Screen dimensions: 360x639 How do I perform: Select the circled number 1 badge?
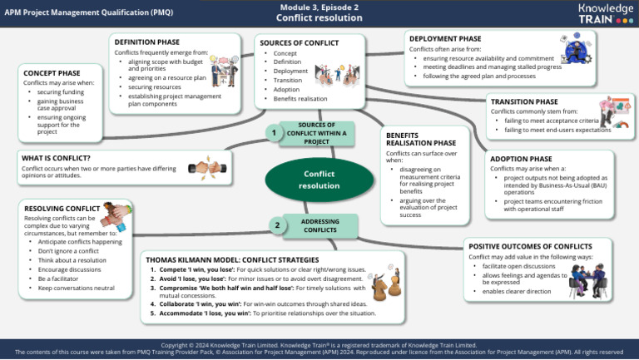(272, 132)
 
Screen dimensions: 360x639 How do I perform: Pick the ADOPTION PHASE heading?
(519, 158)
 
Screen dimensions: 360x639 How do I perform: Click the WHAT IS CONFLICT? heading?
(56, 157)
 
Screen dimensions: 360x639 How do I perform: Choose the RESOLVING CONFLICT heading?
(62, 208)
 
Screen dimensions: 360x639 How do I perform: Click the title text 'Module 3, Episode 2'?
(319, 6)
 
